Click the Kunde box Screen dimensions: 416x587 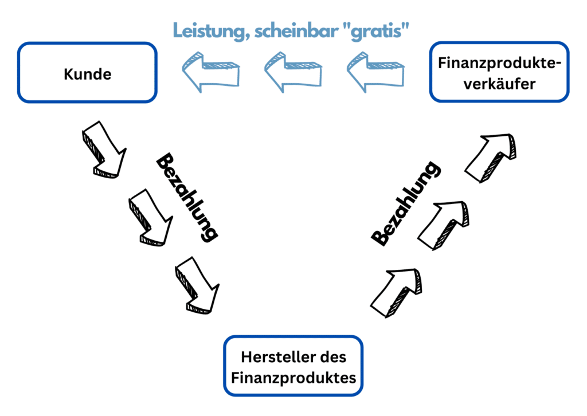(87, 73)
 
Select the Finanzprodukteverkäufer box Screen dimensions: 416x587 (499, 72)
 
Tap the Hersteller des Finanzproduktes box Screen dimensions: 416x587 (293, 366)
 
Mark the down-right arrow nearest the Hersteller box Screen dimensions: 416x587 (197, 285)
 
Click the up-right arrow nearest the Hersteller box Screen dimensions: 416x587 (396, 291)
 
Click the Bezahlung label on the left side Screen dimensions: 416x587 (187, 197)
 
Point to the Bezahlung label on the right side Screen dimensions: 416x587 (406, 203)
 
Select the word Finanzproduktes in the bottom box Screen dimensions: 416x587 (293, 378)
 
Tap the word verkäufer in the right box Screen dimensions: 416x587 (499, 84)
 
